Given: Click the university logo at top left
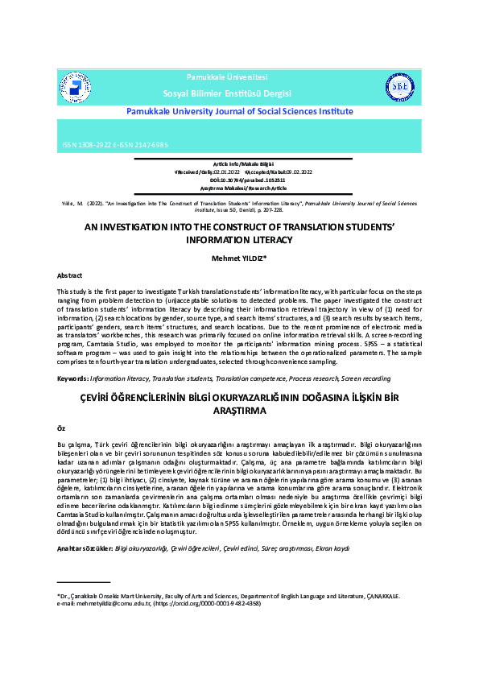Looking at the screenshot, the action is (74, 89).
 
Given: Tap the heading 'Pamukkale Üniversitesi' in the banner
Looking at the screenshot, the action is (227, 76).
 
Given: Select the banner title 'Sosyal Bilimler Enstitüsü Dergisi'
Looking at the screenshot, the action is (227, 94).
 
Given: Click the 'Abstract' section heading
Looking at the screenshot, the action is (69, 275).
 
